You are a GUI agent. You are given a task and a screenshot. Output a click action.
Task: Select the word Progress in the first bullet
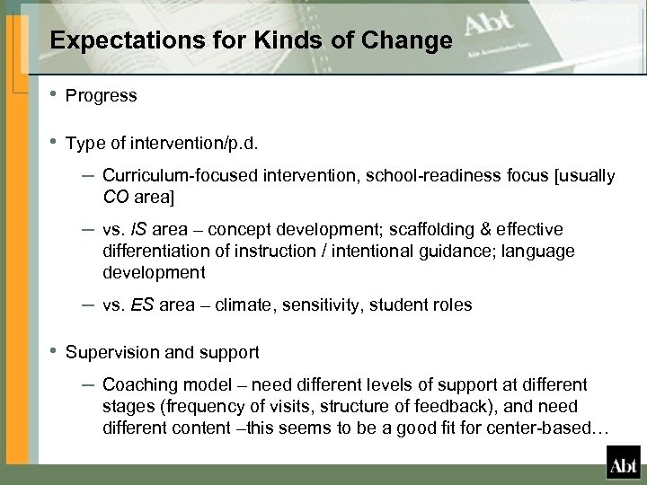[102, 95]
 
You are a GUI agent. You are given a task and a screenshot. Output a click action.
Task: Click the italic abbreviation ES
[143, 304]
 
